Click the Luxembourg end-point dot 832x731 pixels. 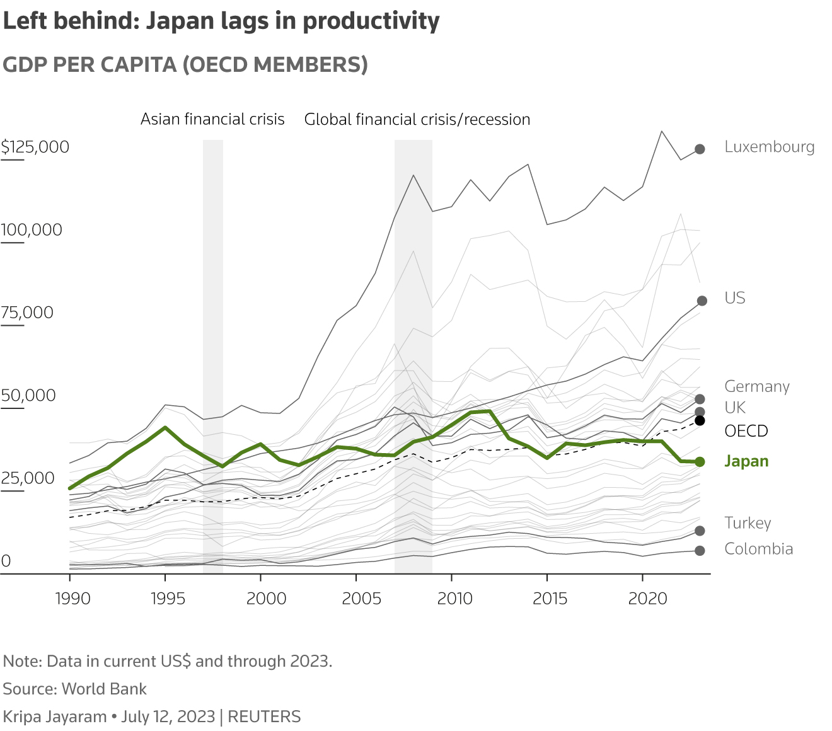(700, 149)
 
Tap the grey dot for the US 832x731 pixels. (702, 301)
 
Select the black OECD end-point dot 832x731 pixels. (700, 420)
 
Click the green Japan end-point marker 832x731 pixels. (700, 462)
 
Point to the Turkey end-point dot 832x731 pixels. (700, 531)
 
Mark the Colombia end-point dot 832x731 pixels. (700, 551)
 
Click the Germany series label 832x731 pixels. (756, 386)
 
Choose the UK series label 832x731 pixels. (735, 407)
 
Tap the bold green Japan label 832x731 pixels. (746, 461)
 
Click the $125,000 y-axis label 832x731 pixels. (35, 147)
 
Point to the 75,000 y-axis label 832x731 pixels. (27, 313)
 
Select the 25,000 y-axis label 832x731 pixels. (28, 478)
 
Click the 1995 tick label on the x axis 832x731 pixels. (168, 598)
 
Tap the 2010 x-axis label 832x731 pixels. (454, 598)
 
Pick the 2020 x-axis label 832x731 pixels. (647, 598)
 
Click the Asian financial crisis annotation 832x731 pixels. (212, 119)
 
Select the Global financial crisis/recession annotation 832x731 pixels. (417, 119)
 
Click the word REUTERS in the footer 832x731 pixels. (264, 717)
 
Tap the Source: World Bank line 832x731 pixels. (75, 689)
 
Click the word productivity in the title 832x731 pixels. (371, 21)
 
